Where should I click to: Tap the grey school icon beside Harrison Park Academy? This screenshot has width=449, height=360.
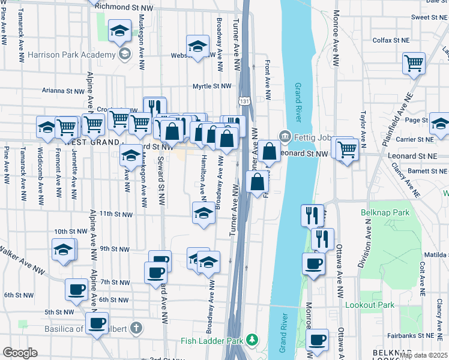click(x=125, y=54)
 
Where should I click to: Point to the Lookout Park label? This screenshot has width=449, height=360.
click(x=370, y=305)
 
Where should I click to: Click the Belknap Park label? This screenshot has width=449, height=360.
click(x=385, y=213)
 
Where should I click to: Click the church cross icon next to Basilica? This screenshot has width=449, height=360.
click(x=136, y=328)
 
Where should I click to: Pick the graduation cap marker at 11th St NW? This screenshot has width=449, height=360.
click(x=203, y=213)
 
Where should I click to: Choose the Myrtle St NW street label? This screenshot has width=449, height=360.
click(x=211, y=86)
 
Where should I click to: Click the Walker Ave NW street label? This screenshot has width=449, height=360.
click(x=22, y=260)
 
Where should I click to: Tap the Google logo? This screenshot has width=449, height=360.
click(x=20, y=353)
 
